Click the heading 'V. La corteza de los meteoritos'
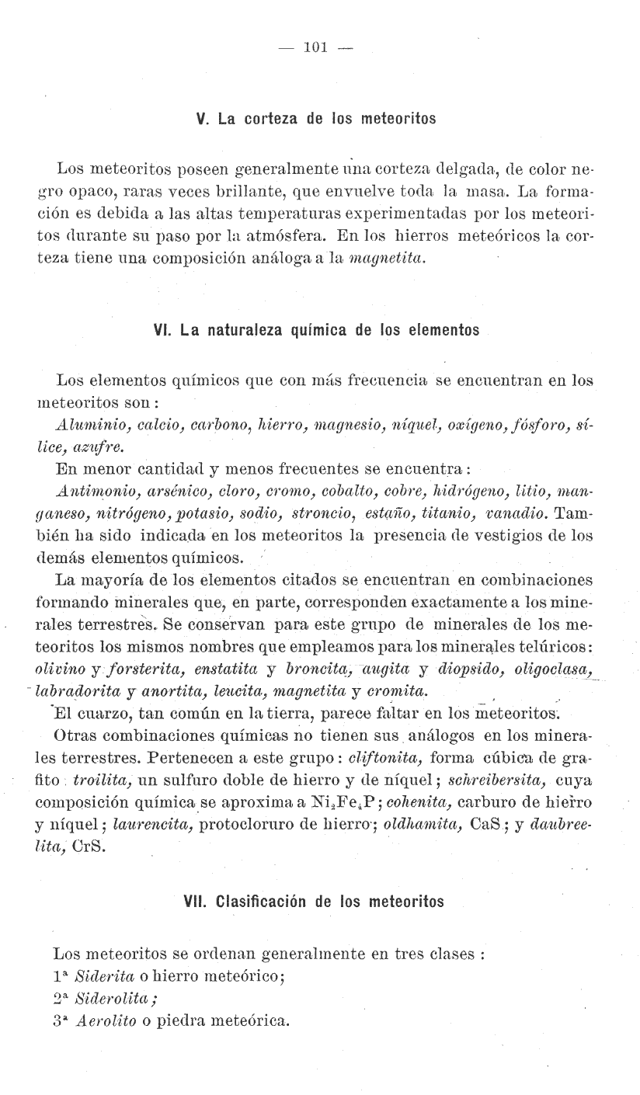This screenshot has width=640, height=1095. click(317, 120)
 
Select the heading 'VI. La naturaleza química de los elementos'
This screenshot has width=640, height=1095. click(317, 330)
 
